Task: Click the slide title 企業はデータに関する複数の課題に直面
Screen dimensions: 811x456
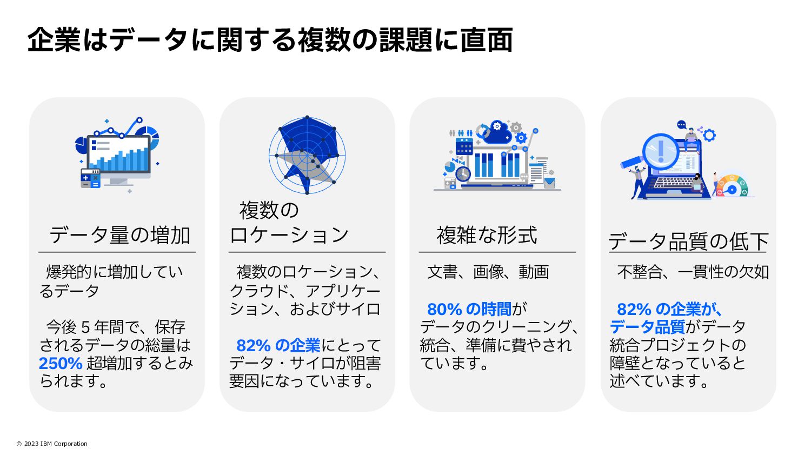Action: [x=270, y=40]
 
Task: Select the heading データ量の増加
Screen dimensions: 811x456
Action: [x=119, y=235]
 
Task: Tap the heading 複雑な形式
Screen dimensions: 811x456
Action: [x=487, y=235]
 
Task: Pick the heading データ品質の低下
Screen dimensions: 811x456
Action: [x=688, y=241]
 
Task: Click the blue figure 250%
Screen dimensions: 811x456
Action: [x=60, y=363]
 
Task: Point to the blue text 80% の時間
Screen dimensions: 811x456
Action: [x=469, y=309]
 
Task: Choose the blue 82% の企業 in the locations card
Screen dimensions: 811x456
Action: [x=278, y=345]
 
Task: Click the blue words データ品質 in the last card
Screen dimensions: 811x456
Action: [x=647, y=327]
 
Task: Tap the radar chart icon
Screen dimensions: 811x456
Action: [x=307, y=155]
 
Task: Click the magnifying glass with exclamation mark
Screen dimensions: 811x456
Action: [x=660, y=150]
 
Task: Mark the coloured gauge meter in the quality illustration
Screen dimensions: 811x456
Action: [x=732, y=185]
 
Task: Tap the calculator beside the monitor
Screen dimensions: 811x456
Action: [x=90, y=178]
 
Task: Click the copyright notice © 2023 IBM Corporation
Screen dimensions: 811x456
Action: [x=52, y=444]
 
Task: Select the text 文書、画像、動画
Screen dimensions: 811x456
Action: [x=488, y=272]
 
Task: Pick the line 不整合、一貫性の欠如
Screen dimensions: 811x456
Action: [x=693, y=272]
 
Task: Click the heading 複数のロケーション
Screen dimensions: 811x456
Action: [x=289, y=222]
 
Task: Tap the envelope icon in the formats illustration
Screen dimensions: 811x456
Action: [x=549, y=183]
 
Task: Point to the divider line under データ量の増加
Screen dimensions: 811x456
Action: [x=117, y=252]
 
